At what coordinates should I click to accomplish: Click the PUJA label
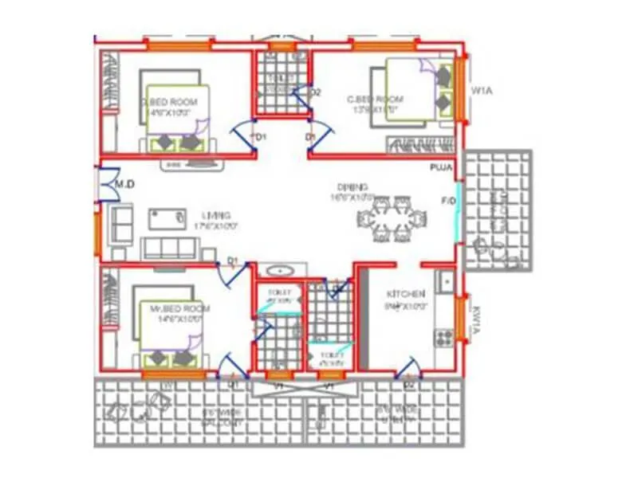(441, 168)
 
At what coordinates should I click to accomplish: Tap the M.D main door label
(123, 185)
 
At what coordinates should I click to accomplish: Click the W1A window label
(482, 92)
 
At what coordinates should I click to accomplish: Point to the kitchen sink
(446, 280)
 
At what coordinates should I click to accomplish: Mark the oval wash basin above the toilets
(279, 270)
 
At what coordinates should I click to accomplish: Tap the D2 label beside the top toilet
(315, 92)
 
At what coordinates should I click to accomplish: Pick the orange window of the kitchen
(460, 319)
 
